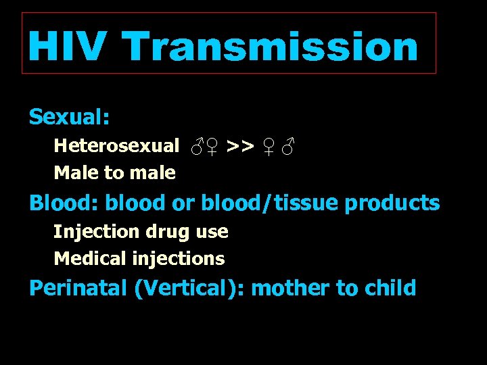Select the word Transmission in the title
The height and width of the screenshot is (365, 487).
271,46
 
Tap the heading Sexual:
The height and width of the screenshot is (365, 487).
69,117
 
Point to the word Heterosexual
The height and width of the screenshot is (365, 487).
116,145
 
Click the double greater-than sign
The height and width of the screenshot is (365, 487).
240,145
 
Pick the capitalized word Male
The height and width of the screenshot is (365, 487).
76,173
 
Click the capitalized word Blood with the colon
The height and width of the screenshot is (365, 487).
64,203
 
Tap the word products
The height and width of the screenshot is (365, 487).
392,203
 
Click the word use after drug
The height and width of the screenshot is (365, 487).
211,232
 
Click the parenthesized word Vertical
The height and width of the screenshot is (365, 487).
191,289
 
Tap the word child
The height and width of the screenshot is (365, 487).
390,289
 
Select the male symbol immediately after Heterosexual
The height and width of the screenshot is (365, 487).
197,145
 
